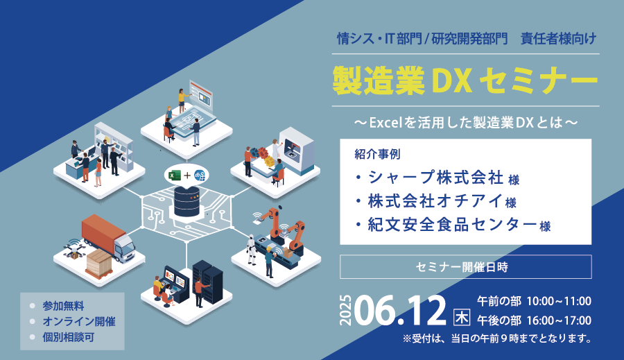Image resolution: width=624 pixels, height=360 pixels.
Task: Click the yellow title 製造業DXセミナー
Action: (x=465, y=80)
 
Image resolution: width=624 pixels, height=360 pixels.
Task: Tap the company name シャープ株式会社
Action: (x=436, y=177)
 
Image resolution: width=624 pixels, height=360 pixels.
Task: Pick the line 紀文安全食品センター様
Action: (x=459, y=225)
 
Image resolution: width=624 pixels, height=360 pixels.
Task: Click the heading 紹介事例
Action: (x=377, y=154)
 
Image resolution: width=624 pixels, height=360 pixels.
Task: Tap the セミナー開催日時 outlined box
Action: (x=466, y=267)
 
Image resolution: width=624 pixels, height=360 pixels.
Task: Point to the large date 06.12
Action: (x=400, y=310)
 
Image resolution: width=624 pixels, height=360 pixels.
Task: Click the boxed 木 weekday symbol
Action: (x=462, y=318)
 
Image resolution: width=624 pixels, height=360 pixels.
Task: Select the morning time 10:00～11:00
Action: (x=559, y=301)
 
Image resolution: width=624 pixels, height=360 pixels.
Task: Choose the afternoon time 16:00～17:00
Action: (x=559, y=320)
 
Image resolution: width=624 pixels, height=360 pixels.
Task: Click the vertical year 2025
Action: (x=345, y=310)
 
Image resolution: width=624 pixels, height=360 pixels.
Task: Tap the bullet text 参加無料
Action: (x=63, y=306)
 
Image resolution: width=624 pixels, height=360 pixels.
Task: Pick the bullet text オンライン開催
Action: (x=79, y=321)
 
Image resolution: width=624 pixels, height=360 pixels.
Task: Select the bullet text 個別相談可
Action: (x=69, y=337)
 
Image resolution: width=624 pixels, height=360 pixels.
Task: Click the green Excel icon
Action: (x=174, y=175)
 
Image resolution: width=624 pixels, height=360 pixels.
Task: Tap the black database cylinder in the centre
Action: (x=187, y=200)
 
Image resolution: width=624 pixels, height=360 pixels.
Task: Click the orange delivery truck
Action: (x=107, y=237)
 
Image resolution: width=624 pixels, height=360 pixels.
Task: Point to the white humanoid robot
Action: (x=252, y=250)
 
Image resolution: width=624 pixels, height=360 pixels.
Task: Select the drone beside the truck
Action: (x=74, y=250)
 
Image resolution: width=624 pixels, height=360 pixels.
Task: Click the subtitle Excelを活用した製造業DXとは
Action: (x=465, y=122)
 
